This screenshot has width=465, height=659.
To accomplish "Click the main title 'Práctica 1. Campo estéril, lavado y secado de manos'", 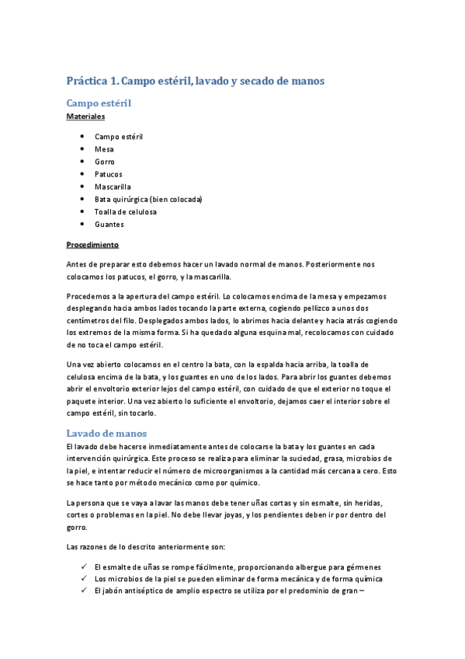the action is pyautogui.click(x=195, y=80).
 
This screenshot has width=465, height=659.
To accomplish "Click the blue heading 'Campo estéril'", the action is pyautogui.click(x=99, y=103).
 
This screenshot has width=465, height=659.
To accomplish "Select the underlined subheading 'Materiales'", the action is pyautogui.click(x=85, y=116).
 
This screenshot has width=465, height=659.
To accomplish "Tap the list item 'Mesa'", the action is pyautogui.click(x=104, y=149).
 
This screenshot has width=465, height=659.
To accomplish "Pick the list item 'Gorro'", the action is pyautogui.click(x=105, y=162).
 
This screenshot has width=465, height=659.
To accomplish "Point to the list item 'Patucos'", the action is pyautogui.click(x=109, y=174).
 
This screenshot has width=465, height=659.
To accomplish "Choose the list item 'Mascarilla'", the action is pyautogui.click(x=113, y=187).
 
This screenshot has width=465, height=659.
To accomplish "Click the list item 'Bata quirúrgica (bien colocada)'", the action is pyautogui.click(x=148, y=200).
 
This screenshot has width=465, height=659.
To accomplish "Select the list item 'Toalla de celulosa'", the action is pyautogui.click(x=125, y=212).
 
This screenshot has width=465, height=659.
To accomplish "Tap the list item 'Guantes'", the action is pyautogui.click(x=109, y=225).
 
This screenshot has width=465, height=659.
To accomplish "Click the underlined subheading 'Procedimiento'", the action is pyautogui.click(x=92, y=245).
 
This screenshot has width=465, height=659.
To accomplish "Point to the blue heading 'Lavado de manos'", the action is pyautogui.click(x=106, y=433).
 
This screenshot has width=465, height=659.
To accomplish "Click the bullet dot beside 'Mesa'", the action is pyautogui.click(x=82, y=149).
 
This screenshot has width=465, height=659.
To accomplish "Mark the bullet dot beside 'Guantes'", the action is pyautogui.click(x=82, y=225).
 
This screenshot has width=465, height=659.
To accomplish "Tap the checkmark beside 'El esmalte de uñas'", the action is pyautogui.click(x=83, y=567).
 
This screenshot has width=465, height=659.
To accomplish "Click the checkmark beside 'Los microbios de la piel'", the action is pyautogui.click(x=83, y=579).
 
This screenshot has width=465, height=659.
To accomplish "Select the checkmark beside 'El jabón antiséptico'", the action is pyautogui.click(x=83, y=591).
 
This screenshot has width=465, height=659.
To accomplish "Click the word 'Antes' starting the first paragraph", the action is pyautogui.click(x=78, y=264).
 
